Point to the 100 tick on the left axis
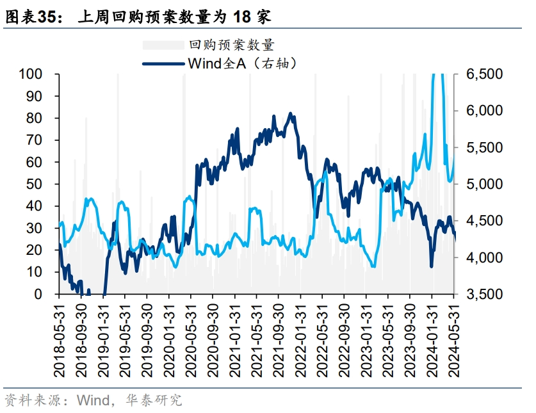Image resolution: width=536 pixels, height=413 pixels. [31, 74]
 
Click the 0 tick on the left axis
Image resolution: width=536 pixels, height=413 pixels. [38, 295]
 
